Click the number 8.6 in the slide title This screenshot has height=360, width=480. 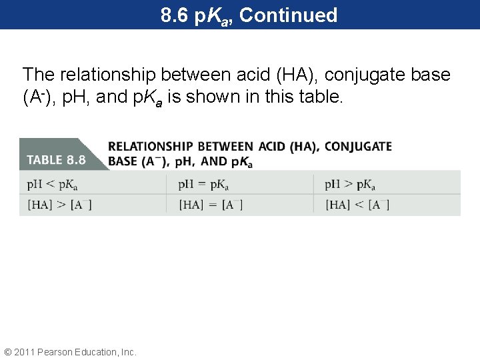[x=175, y=15]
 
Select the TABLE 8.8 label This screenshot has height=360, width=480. [x=56, y=160]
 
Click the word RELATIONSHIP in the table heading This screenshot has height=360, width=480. [x=150, y=147]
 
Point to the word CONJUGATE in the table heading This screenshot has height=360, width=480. [x=358, y=147]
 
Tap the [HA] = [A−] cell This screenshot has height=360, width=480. [x=210, y=205]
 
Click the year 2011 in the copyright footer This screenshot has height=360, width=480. [x=25, y=351]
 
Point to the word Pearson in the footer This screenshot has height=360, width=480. [x=57, y=351]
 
